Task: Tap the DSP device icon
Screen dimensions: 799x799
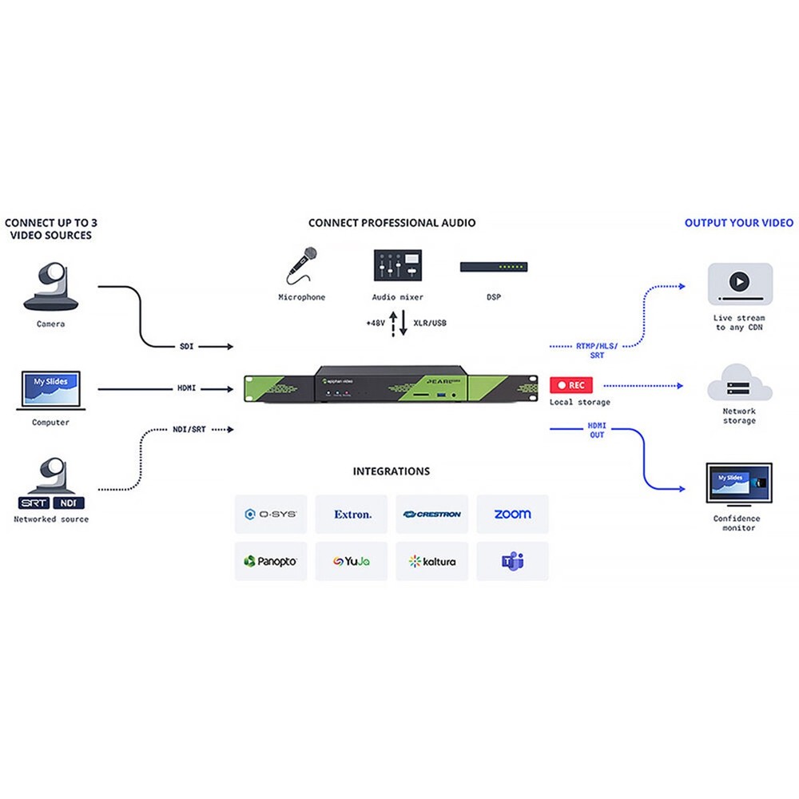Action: tap(493, 267)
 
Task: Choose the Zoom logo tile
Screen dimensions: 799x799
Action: tap(512, 515)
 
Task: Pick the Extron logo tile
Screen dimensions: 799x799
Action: tap(352, 515)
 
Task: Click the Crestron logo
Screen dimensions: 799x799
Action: tap(432, 515)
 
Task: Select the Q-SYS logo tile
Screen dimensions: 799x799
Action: tap(271, 515)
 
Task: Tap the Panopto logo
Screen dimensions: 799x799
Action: tap(271, 562)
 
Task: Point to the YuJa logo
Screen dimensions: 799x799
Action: tap(352, 562)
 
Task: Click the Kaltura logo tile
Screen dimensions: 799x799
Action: tap(432, 562)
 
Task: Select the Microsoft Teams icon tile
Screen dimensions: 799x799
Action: tap(512, 562)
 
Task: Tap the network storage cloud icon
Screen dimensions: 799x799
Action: tap(739, 384)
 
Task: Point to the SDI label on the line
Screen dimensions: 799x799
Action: tap(186, 347)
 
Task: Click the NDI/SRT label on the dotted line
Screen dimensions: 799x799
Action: tap(189, 429)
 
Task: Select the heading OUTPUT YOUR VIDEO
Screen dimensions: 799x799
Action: tap(739, 223)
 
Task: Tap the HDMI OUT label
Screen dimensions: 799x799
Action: tap(597, 430)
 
